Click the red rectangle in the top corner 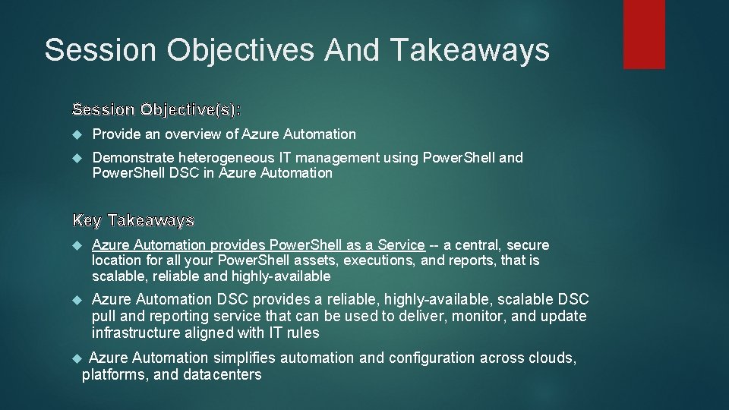pos(644,34)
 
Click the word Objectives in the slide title pos(240,50)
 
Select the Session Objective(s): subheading pos(156,109)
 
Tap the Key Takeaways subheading pos(134,221)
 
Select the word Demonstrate pos(133,158)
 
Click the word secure pos(528,245)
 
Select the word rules pos(302,333)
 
